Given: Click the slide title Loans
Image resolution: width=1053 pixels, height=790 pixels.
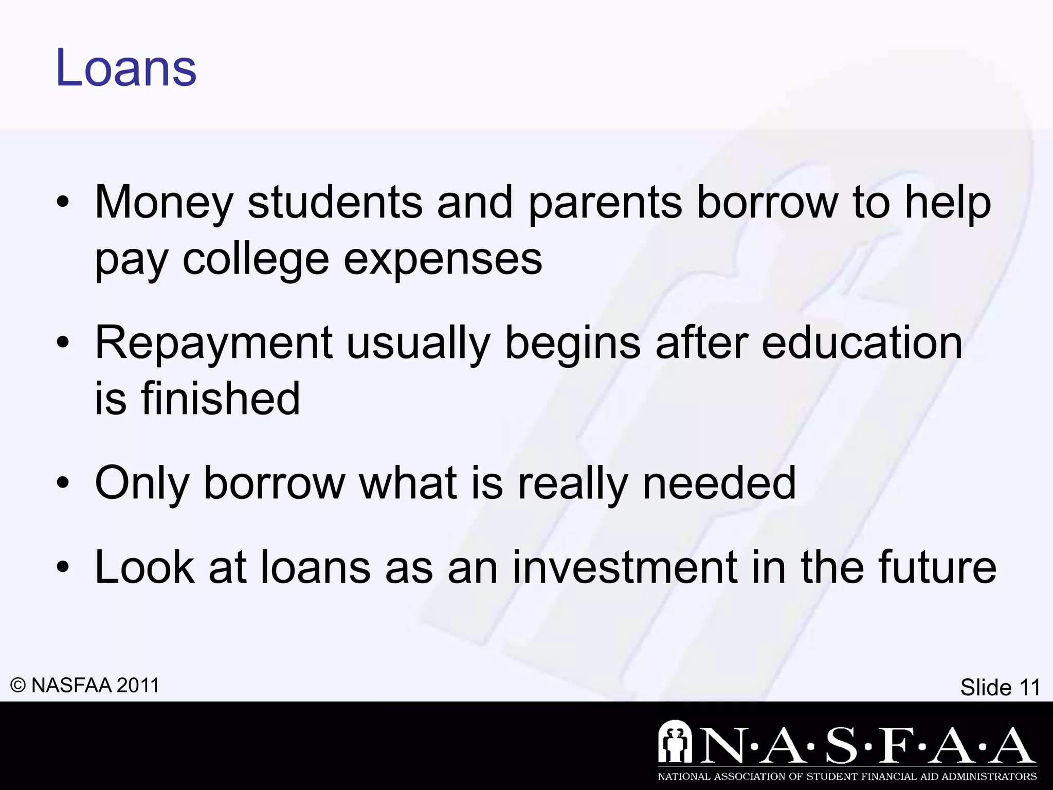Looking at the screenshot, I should pyautogui.click(x=126, y=68).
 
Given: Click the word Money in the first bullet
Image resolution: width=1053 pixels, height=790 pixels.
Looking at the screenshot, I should pyautogui.click(x=164, y=203).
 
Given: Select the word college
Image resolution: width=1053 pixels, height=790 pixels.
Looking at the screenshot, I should pyautogui.click(x=256, y=260).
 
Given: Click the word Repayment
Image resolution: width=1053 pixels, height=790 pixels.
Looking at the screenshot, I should pyautogui.click(x=214, y=344).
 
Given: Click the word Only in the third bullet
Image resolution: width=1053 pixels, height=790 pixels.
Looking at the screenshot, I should pyautogui.click(x=142, y=483).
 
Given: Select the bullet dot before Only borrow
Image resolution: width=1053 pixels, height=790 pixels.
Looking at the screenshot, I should pyautogui.click(x=63, y=483).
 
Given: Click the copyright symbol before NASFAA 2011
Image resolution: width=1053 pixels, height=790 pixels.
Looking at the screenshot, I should pyautogui.click(x=18, y=686).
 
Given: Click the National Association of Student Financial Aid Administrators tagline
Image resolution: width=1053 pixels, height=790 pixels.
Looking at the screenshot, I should pyautogui.click(x=847, y=777).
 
